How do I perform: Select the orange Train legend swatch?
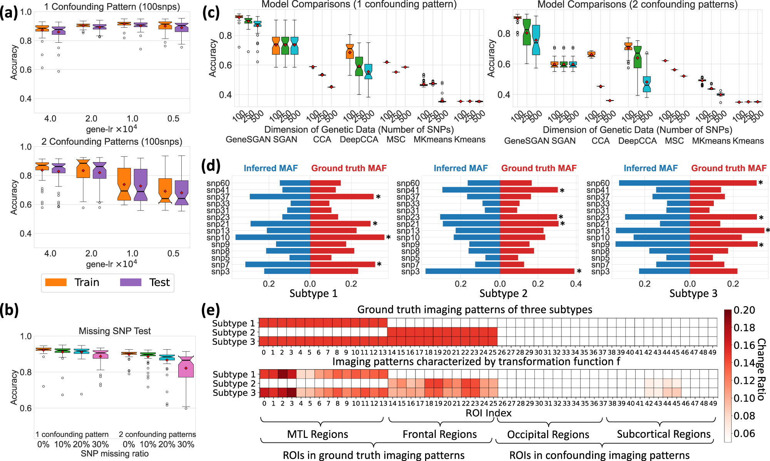(56, 282)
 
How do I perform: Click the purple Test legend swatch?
(131, 282)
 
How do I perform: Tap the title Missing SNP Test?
(115, 331)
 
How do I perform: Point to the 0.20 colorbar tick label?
(744, 310)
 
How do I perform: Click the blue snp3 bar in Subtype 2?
(462, 272)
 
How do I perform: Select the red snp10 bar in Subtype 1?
(346, 237)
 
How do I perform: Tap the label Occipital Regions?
(548, 434)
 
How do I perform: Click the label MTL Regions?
(318, 434)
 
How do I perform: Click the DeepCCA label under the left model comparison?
(359, 140)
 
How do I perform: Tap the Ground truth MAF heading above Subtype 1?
(349, 168)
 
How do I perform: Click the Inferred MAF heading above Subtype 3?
(650, 168)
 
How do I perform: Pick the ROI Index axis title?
(488, 413)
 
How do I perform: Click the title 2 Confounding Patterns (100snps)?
(112, 141)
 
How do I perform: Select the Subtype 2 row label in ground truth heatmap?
(233, 332)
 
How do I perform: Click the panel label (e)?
(211, 310)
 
